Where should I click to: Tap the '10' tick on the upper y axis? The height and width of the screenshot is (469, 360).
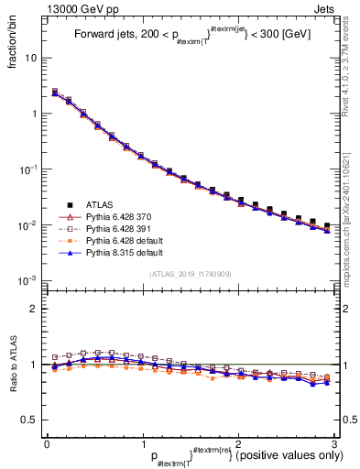30,58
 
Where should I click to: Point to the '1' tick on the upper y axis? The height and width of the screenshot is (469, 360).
33,114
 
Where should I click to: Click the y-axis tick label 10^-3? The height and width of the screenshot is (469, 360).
28,280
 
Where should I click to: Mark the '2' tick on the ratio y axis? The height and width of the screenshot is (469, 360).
33,309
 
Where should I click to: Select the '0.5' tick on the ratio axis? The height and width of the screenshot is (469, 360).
29,420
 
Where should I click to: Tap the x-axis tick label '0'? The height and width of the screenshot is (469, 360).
47,443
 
